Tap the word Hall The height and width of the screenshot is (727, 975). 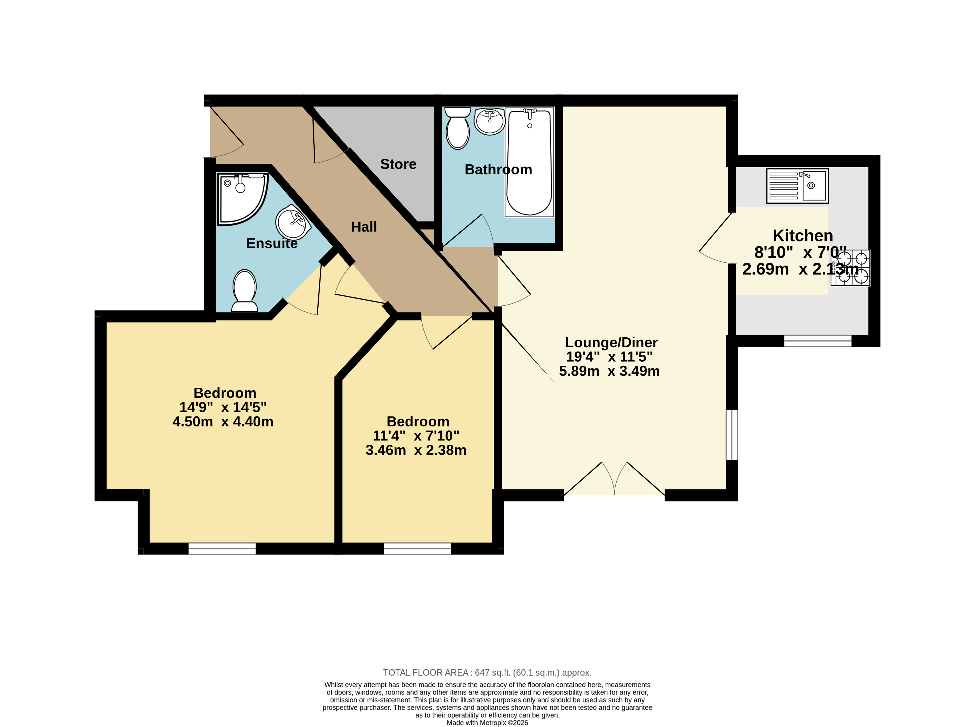(x=364, y=227)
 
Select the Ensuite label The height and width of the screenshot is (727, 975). (x=272, y=243)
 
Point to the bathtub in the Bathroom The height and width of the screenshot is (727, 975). (x=529, y=162)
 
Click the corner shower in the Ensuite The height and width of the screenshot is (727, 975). (x=242, y=199)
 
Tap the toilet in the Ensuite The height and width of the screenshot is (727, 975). (x=245, y=290)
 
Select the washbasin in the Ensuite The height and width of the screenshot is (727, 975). (x=293, y=222)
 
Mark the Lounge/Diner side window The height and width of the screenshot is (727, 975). (x=731, y=435)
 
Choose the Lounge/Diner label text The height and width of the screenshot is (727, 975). (x=611, y=342)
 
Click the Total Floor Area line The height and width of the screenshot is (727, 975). (x=487, y=673)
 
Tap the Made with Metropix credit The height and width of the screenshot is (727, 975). (x=487, y=723)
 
